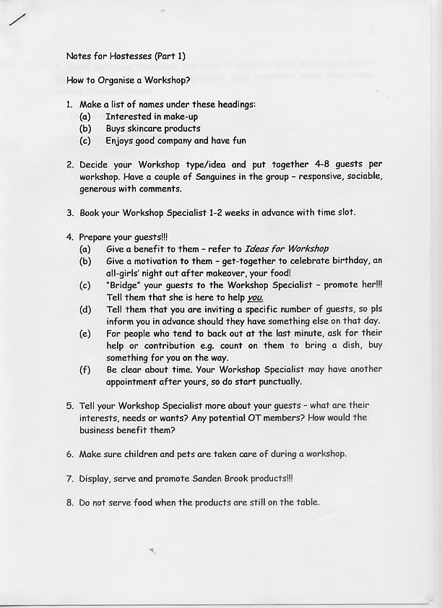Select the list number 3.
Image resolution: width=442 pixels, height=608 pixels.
click(x=69, y=214)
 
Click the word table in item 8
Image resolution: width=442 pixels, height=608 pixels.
click(x=304, y=503)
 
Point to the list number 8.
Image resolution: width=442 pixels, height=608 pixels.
click(x=69, y=503)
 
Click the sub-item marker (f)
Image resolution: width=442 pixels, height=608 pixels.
click(x=85, y=370)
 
